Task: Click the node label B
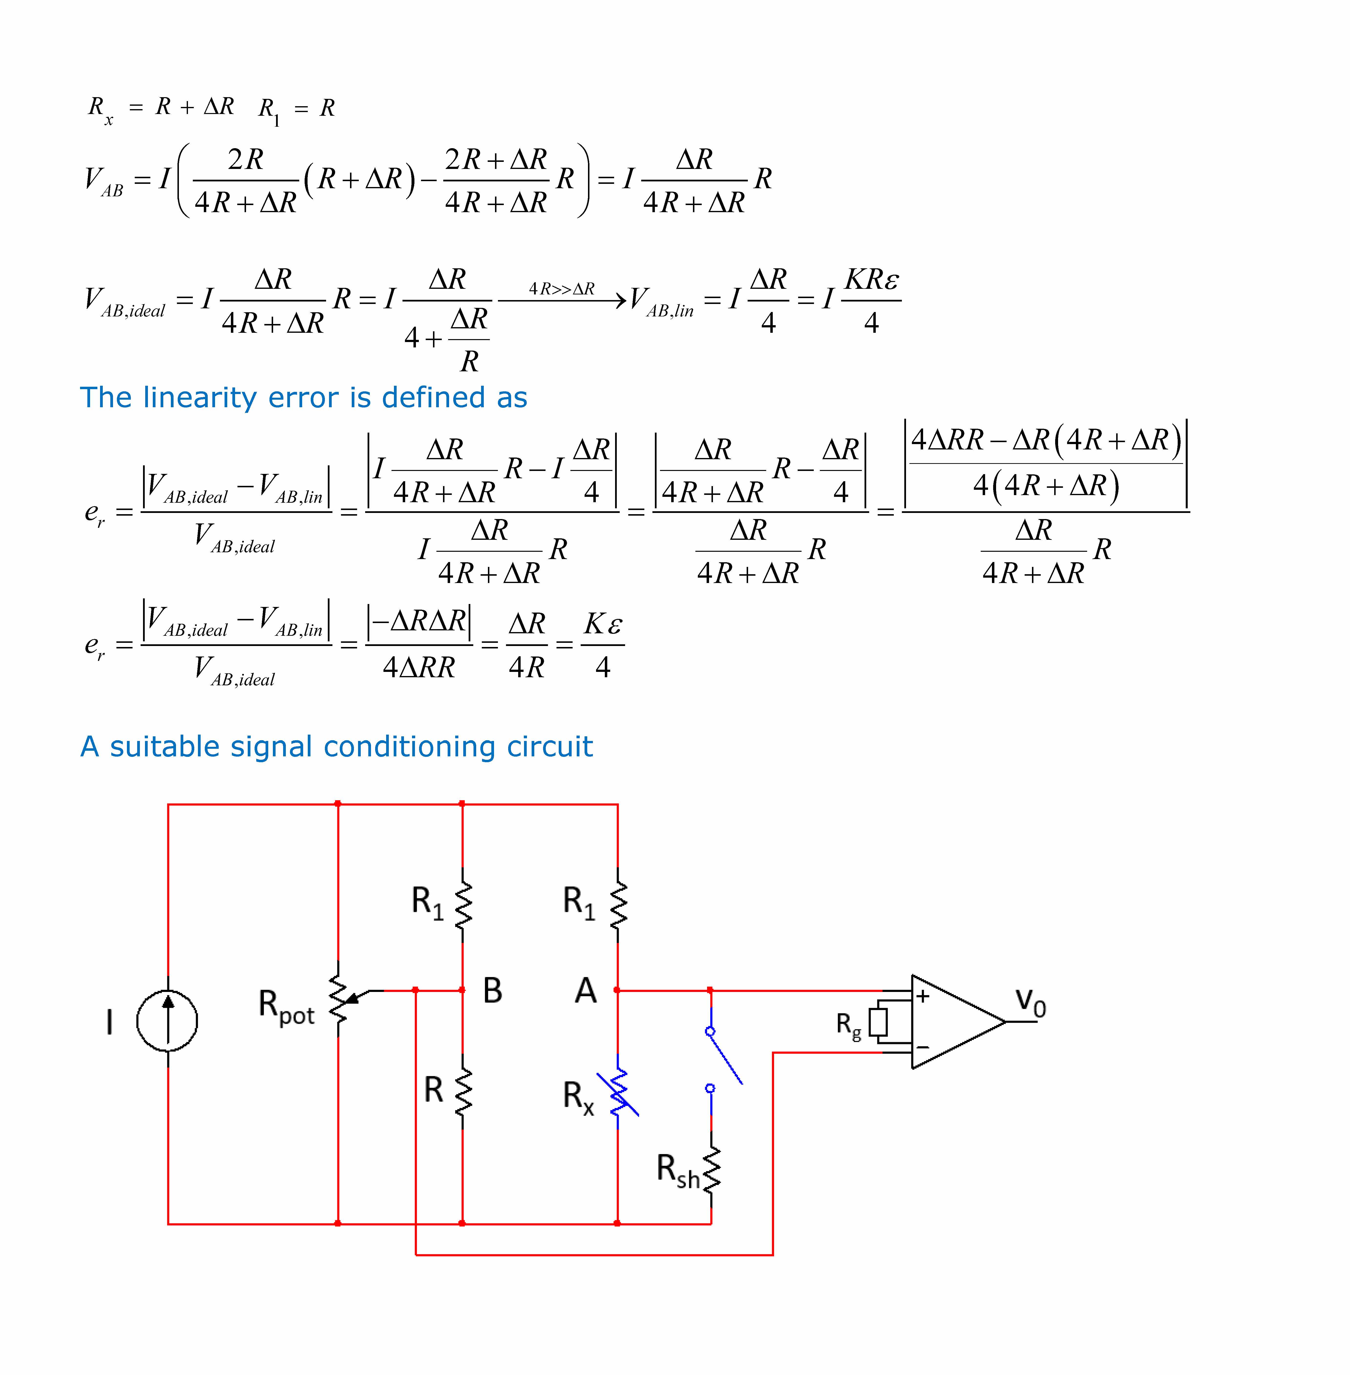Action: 492,991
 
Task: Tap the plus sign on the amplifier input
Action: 922,996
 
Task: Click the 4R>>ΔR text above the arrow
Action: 562,289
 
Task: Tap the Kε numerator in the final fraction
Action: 603,624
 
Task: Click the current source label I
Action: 109,1022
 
